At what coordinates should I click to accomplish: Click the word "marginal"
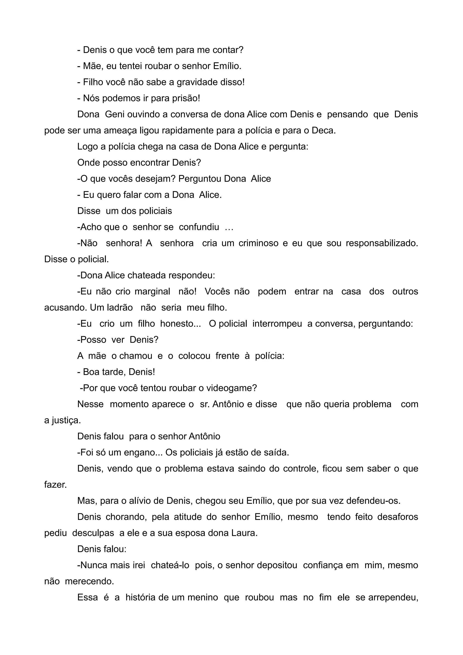152,292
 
